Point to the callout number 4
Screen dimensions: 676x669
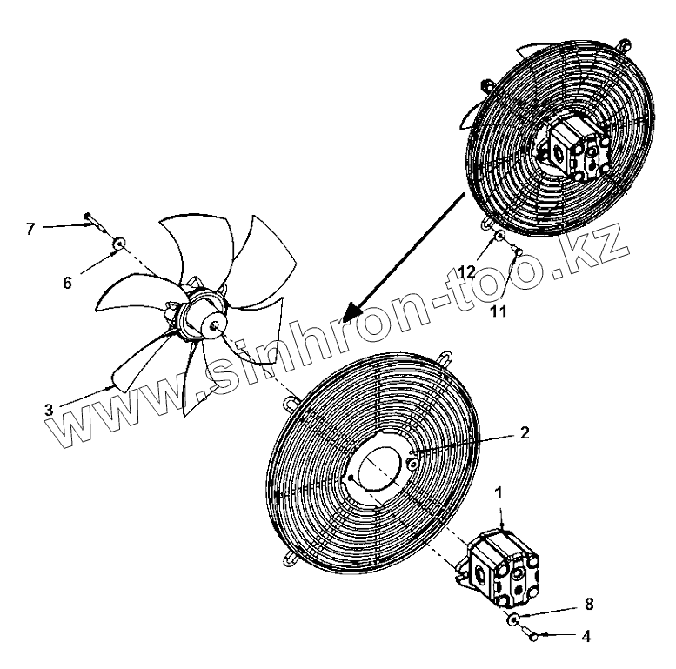point(586,636)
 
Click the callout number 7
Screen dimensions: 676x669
point(30,228)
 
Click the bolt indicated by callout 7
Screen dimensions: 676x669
point(90,219)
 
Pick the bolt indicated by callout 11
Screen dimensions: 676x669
point(516,252)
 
